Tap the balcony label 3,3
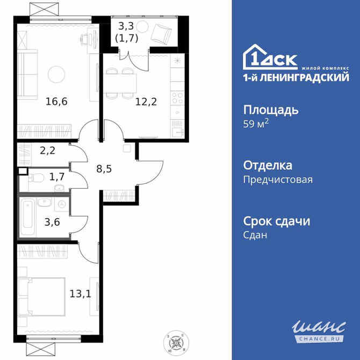tap(126, 25)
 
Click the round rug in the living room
tap(56, 73)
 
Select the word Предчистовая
tap(278, 180)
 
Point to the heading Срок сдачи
tap(277, 221)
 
